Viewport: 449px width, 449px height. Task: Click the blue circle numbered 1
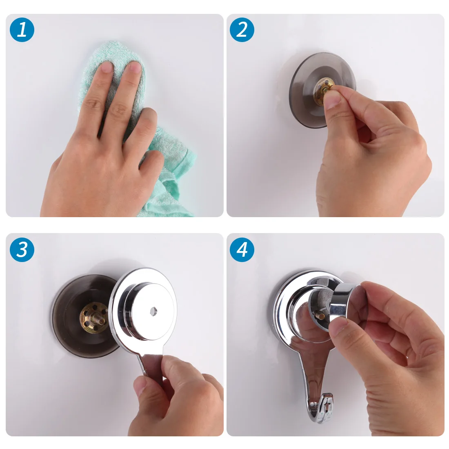click(22, 30)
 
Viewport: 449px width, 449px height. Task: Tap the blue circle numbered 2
click(242, 30)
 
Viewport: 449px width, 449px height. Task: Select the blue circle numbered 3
click(22, 249)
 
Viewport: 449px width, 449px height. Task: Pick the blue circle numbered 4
click(242, 249)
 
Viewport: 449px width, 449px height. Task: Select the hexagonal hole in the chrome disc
click(153, 311)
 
